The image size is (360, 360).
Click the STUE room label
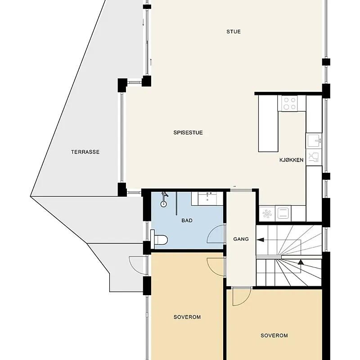click(x=233, y=31)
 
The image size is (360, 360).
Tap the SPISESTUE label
click(x=188, y=133)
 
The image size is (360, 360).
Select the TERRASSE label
click(x=85, y=152)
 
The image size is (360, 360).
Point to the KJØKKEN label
click(x=291, y=160)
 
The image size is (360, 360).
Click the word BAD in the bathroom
click(x=187, y=221)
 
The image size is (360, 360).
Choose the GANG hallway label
click(x=241, y=239)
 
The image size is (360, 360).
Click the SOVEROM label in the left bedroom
click(x=187, y=317)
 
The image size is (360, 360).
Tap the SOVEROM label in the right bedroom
click(x=274, y=336)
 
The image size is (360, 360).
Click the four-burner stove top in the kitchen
click(x=289, y=103)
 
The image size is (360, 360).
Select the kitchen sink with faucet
click(x=314, y=141)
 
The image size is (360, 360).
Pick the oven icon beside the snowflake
click(x=283, y=212)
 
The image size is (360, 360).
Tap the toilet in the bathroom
click(x=160, y=239)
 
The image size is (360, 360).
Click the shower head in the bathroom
click(x=164, y=195)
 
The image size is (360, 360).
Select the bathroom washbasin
click(x=208, y=198)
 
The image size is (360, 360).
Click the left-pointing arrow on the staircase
click(x=261, y=240)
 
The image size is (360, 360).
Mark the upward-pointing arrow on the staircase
click(x=300, y=262)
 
